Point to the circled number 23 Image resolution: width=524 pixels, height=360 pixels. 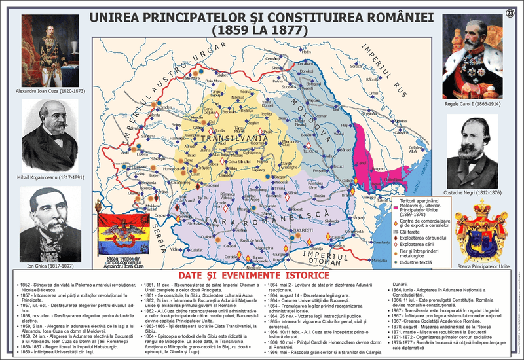point(510,13)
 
